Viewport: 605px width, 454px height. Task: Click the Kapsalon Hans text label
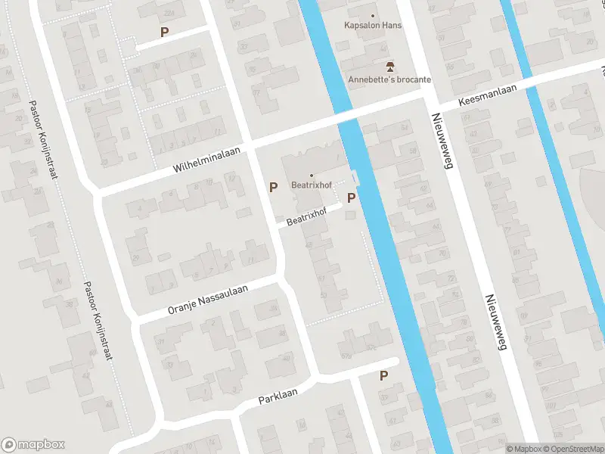point(372,26)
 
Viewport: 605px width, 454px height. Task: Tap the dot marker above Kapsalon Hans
point(372,14)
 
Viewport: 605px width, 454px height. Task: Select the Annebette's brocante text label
point(389,79)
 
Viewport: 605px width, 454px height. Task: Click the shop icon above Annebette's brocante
point(389,67)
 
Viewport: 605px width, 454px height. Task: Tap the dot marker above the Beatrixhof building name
point(311,176)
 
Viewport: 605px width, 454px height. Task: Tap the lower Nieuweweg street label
point(495,322)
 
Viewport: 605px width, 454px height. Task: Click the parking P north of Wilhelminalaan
point(164,32)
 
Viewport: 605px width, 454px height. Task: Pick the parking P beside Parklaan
point(383,375)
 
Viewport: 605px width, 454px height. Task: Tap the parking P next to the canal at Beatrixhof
point(351,197)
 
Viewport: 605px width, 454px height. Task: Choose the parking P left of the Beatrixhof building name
point(273,186)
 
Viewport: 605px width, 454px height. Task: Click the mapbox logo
point(33,445)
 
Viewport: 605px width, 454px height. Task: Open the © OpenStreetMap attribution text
point(572,449)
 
